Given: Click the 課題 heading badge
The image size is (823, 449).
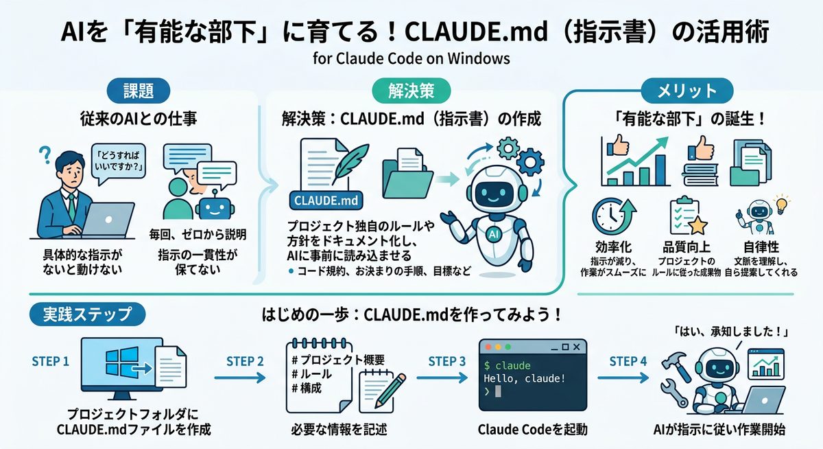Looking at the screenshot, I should (x=140, y=90).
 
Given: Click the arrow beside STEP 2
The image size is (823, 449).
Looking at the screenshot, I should (x=239, y=377).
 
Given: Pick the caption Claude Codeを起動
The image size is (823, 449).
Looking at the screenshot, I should (x=532, y=430).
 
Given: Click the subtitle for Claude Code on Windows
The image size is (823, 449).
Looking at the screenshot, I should (x=411, y=58).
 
